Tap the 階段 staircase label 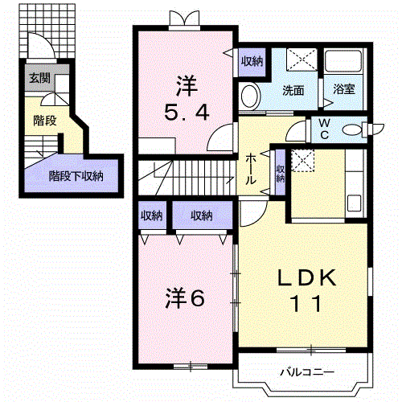tap(44, 121)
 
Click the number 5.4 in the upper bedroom tap(188, 113)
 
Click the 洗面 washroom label tap(292, 91)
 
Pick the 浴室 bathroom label tap(344, 91)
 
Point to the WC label tap(326, 129)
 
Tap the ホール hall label tap(252, 169)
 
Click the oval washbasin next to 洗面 tap(249, 97)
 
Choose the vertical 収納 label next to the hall tap(280, 174)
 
